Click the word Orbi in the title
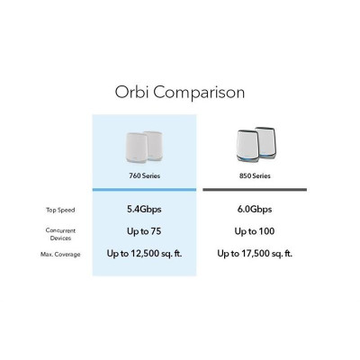coord(132,93)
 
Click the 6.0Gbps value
coord(254,209)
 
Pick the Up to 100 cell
coord(254,231)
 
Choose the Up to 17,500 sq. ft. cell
coord(254,254)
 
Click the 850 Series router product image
coord(254,145)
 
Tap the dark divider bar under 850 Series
coord(254,191)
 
